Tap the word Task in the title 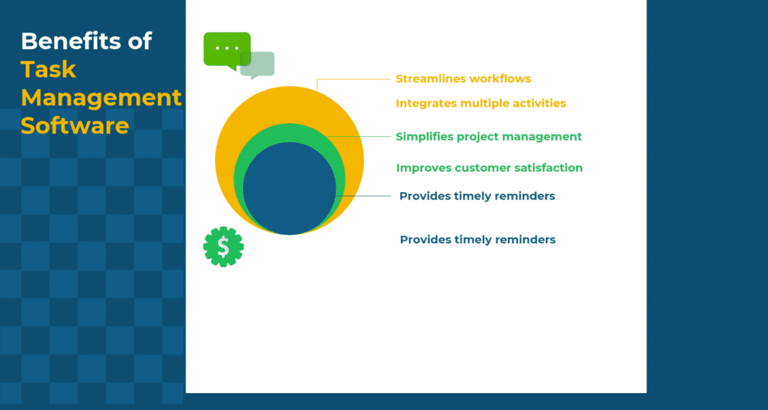(x=49, y=70)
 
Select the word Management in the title (x=101, y=97)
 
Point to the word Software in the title (x=74, y=125)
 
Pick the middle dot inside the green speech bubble (x=227, y=47)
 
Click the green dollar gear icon (x=223, y=246)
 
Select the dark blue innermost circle (x=289, y=188)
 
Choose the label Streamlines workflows (x=463, y=79)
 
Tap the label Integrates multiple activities (x=481, y=103)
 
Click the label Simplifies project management (x=488, y=136)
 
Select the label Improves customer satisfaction (x=489, y=167)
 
